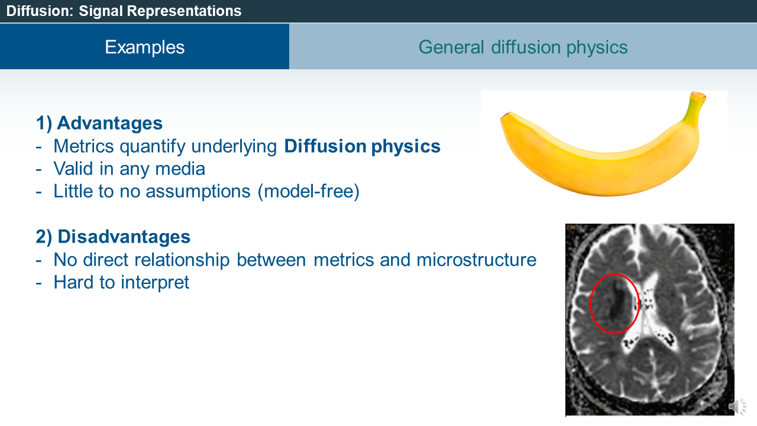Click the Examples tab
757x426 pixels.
pos(145,46)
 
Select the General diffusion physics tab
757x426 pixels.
pos(523,46)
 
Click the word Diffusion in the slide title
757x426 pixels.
pos(40,11)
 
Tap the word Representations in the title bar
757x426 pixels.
pos(184,11)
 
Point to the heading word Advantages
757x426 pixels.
pos(110,122)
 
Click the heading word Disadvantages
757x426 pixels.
pos(124,236)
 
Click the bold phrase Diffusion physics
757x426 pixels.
pos(363,147)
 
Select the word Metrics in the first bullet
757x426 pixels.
pos(84,146)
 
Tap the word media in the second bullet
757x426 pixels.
pos(180,169)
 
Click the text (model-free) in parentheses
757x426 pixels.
pos(309,191)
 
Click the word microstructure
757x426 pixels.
pos(477,260)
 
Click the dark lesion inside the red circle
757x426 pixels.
pos(619,302)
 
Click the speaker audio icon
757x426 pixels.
pos(737,406)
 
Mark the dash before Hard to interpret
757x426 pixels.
pos(38,283)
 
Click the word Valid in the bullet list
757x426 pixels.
pos(73,169)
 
